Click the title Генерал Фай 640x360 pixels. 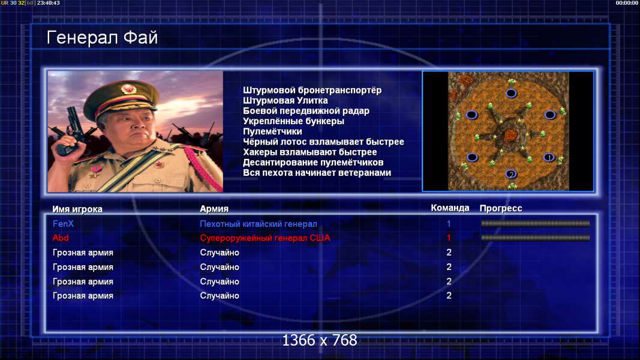pyautogui.click(x=102, y=38)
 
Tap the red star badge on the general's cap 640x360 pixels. pyautogui.click(x=128, y=89)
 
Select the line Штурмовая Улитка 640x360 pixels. pyautogui.click(x=286, y=100)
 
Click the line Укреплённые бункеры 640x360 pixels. pyautogui.click(x=293, y=121)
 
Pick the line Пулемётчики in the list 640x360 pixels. pyautogui.click(x=272, y=131)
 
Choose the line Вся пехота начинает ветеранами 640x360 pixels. pyautogui.click(x=317, y=173)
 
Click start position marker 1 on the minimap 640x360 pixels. pyautogui.click(x=549, y=157)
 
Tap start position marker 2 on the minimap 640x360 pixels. pyautogui.click(x=511, y=174)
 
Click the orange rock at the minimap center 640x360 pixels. pyautogui.click(x=510, y=134)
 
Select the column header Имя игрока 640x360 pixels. pyautogui.click(x=77, y=209)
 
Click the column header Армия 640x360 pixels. pyautogui.click(x=214, y=209)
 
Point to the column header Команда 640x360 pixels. pyautogui.click(x=450, y=208)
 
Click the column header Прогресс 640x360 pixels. pyautogui.click(x=500, y=208)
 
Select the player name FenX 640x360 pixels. pyautogui.click(x=63, y=224)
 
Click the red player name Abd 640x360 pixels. pyautogui.click(x=61, y=238)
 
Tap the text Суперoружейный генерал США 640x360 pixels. pyautogui.click(x=265, y=238)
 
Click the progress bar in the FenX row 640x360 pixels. pyautogui.click(x=535, y=224)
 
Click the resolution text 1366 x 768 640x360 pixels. pyautogui.click(x=320, y=340)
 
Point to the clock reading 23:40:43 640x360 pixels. pyautogui.click(x=49, y=3)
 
